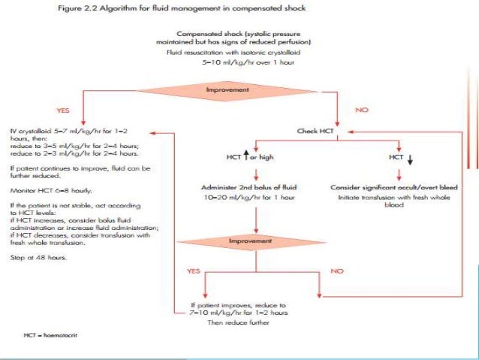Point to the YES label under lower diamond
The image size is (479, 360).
(x=194, y=268)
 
